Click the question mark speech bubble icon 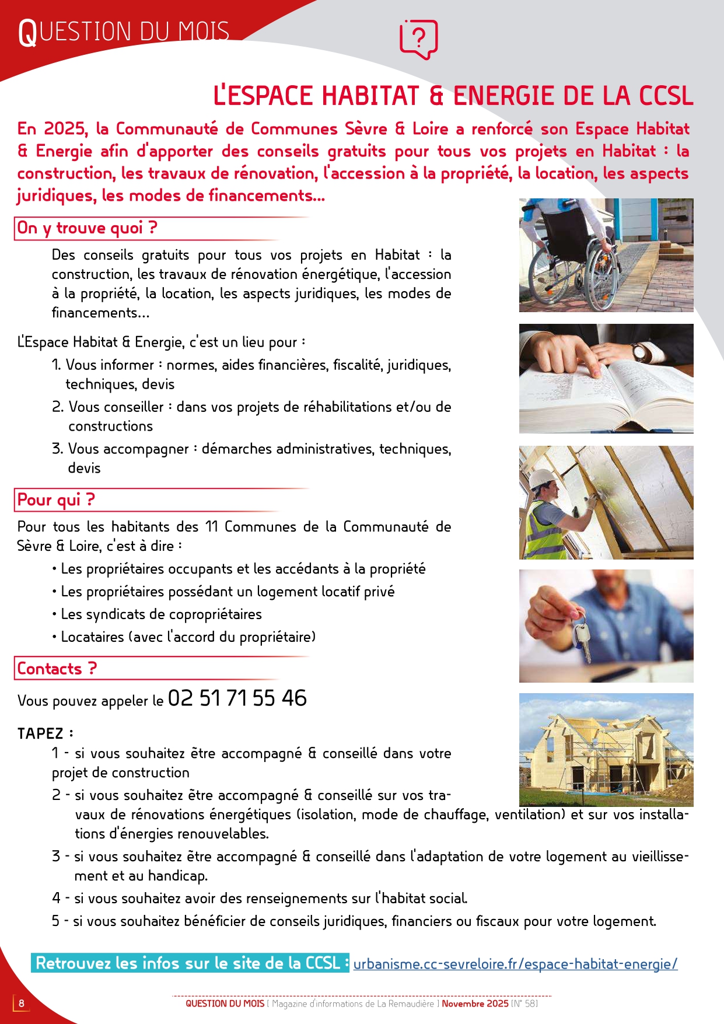[x=418, y=39]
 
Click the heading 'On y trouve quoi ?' [x=87, y=228]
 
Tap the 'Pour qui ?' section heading [x=56, y=500]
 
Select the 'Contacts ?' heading [x=57, y=669]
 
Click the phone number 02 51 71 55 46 [x=237, y=698]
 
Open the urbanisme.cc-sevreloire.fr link [x=515, y=964]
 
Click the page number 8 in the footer [x=22, y=1003]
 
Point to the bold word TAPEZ [x=40, y=733]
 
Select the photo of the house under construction [x=606, y=750]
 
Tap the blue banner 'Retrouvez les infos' [x=190, y=963]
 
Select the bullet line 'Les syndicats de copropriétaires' [x=161, y=614]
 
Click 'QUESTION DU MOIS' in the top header [x=124, y=32]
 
